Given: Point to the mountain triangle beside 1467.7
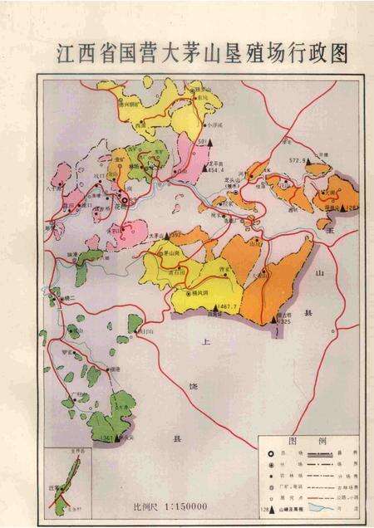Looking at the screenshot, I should point(212,309).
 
